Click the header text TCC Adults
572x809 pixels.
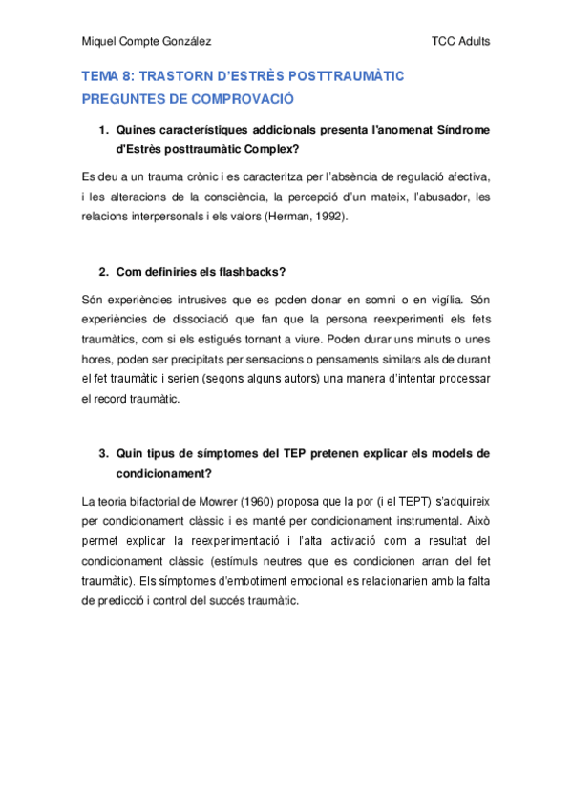[x=461, y=41]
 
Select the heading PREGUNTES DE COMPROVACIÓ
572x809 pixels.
[x=187, y=99]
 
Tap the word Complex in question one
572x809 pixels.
[x=270, y=150]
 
